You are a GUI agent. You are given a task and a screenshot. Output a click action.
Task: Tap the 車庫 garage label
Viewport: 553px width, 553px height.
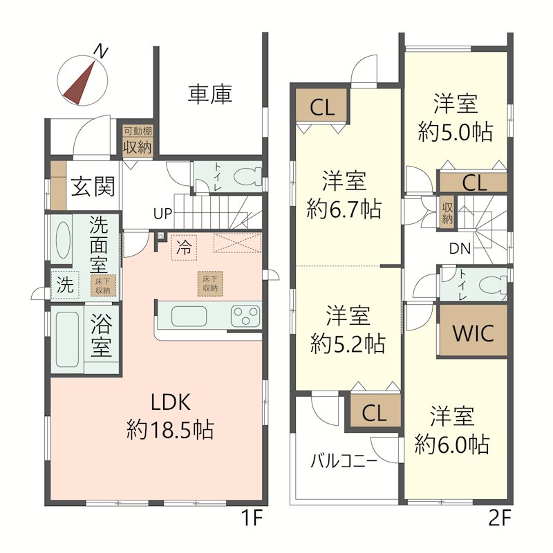pyautogui.click(x=210, y=95)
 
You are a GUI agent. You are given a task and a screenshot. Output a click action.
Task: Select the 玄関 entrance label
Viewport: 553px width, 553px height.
pyautogui.click(x=93, y=187)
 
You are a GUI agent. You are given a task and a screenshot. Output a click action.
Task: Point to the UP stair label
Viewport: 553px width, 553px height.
pyautogui.click(x=162, y=214)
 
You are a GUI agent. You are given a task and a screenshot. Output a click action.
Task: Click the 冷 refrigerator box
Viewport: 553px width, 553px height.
pyautogui.click(x=184, y=247)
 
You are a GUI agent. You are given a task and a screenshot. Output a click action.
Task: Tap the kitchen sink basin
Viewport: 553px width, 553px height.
pyautogui.click(x=189, y=316)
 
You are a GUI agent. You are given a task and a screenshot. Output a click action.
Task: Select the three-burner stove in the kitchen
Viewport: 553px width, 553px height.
pyautogui.click(x=246, y=316)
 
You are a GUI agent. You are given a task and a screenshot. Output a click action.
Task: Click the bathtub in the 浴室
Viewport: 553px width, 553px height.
pyautogui.click(x=67, y=339)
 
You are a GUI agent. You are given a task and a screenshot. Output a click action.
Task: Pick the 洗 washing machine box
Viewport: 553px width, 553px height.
pyautogui.click(x=65, y=284)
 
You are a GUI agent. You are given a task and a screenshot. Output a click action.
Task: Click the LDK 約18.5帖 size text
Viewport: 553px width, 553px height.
pyautogui.click(x=170, y=429)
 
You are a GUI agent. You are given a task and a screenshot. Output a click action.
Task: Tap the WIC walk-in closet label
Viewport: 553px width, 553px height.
pyautogui.click(x=473, y=333)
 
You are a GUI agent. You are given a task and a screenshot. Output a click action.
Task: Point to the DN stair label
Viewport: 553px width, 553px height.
pyautogui.click(x=460, y=249)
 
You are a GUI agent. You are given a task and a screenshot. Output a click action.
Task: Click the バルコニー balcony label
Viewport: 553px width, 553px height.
pyautogui.click(x=344, y=460)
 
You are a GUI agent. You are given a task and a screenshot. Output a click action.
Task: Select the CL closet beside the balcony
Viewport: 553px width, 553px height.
pyautogui.click(x=375, y=413)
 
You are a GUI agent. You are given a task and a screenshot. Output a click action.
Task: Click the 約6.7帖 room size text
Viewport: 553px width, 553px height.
pyautogui.click(x=344, y=209)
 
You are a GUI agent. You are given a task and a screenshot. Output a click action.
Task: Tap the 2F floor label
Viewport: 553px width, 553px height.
pyautogui.click(x=500, y=518)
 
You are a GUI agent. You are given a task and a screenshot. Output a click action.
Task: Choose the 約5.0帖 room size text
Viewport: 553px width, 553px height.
pyautogui.click(x=456, y=132)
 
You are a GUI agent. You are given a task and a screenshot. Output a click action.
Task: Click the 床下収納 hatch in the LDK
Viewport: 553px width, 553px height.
pyautogui.click(x=210, y=283)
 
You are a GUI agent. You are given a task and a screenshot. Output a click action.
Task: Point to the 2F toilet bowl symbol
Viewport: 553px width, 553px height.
pyautogui.click(x=493, y=284)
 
